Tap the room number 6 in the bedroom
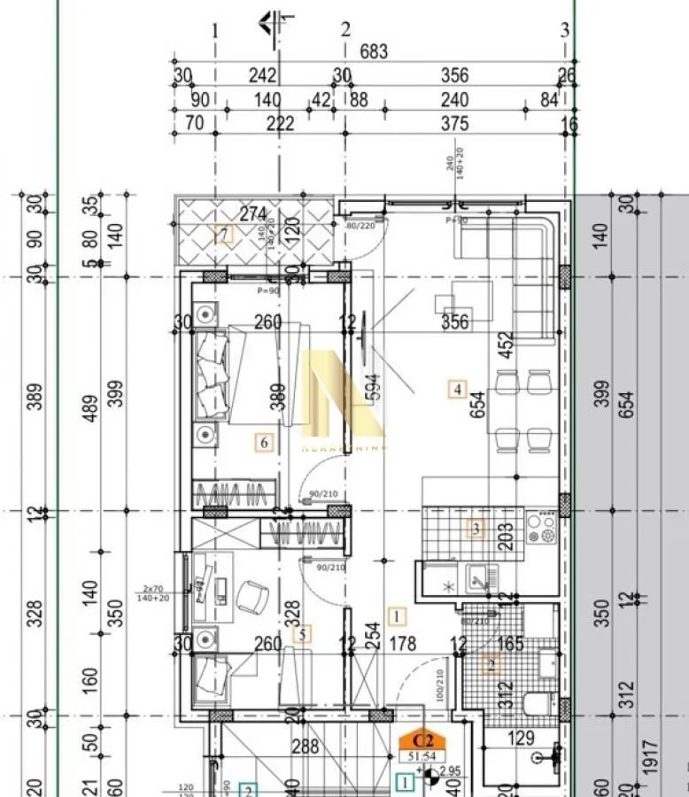click(262, 442)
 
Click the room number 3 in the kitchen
click(476, 529)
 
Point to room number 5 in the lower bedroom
click(303, 633)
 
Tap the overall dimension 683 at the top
click(374, 52)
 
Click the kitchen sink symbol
click(479, 583)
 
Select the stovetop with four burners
click(541, 529)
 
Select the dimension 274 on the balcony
click(254, 213)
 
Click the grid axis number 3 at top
click(565, 30)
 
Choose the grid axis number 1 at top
click(214, 30)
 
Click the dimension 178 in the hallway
click(402, 645)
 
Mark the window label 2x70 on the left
click(153, 588)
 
